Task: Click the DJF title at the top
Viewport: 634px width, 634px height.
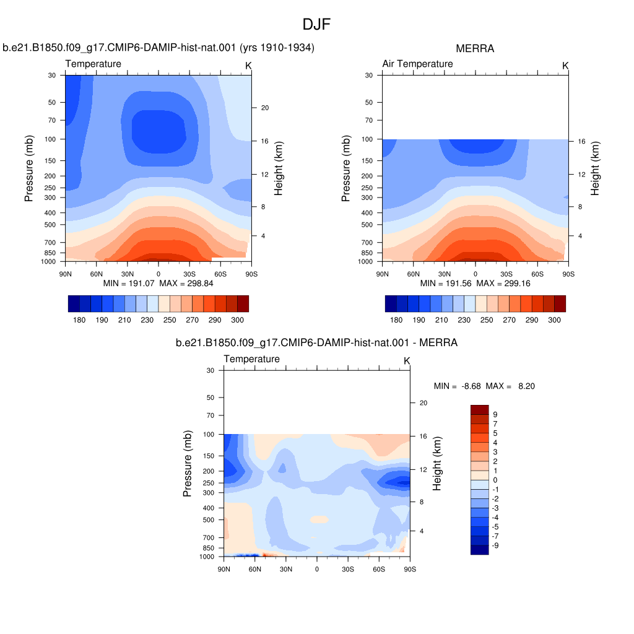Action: click(316, 25)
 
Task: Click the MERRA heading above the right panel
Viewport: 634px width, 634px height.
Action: click(475, 48)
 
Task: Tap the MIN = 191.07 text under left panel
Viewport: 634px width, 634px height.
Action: click(129, 284)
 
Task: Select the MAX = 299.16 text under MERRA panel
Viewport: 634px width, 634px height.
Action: click(503, 284)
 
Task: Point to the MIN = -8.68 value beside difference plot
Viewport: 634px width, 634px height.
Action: click(458, 386)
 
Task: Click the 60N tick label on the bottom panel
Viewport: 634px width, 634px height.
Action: click(254, 570)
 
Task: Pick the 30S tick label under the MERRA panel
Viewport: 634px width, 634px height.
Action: click(506, 274)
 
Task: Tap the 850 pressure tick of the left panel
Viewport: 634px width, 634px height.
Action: click(50, 253)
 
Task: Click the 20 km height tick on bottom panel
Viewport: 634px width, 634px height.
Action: click(423, 403)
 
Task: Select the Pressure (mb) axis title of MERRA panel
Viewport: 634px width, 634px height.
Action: click(345, 168)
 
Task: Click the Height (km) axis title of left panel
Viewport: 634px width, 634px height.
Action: click(278, 168)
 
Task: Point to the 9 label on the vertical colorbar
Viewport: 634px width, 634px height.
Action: click(495, 415)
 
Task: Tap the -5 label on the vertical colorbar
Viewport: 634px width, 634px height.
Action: click(495, 527)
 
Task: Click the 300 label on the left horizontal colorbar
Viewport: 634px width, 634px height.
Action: click(237, 320)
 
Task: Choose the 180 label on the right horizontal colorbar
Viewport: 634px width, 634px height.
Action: click(396, 320)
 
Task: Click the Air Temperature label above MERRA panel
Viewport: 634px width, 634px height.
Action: click(418, 64)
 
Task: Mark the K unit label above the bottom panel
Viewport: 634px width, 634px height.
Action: click(407, 361)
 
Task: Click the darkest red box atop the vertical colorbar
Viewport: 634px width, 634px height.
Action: click(480, 410)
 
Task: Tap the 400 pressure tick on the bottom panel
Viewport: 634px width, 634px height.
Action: click(209, 508)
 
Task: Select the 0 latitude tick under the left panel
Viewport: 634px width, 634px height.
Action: click(158, 274)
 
